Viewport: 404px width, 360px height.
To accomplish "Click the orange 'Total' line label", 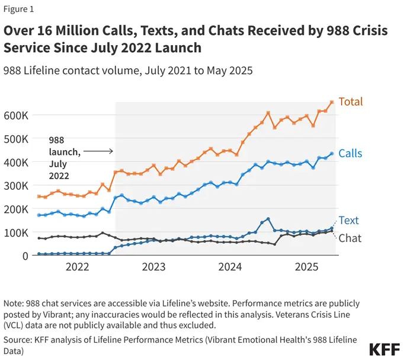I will pos(350,102).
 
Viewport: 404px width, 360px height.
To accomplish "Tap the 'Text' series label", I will pos(348,221).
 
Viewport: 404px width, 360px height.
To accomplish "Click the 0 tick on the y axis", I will pos(25,256).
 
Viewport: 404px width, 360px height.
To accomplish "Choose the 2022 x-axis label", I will pos(77,267).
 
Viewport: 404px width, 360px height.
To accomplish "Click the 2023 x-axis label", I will pos(153,267).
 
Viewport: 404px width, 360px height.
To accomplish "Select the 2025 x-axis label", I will pos(306,267).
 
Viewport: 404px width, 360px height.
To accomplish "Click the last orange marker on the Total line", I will pos(332,102).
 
